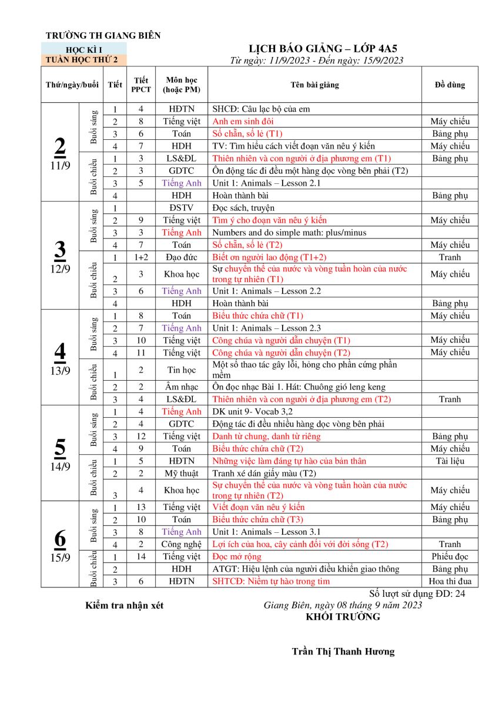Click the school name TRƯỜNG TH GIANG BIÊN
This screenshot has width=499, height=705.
103,36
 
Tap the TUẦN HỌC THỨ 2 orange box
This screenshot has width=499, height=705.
83,59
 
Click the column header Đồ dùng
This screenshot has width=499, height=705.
450,85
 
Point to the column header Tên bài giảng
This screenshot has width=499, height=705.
314,85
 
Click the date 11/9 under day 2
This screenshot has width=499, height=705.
60,165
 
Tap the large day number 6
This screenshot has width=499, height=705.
60,538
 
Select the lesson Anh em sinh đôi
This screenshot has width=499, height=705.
239,121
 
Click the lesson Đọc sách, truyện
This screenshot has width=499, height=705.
243,208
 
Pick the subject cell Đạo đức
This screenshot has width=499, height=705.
181,257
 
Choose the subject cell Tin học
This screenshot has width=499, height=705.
181,370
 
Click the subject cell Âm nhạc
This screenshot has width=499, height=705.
181,387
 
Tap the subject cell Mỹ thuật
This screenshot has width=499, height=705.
181,473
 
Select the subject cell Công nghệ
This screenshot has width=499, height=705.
181,544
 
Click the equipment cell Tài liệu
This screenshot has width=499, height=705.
450,461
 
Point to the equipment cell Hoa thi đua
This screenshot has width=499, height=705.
450,581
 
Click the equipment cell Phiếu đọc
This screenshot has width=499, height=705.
450,556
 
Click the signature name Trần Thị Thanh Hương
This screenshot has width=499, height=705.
343,652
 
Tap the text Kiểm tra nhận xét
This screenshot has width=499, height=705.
124,605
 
